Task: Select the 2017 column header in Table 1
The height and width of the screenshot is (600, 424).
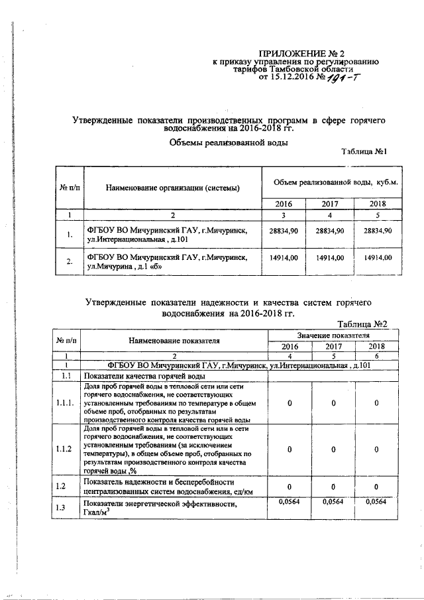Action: click(x=330, y=204)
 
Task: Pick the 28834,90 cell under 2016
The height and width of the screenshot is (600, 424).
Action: click(x=284, y=230)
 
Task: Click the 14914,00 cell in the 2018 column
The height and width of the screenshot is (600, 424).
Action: click(x=378, y=257)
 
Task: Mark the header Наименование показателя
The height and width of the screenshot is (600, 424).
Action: click(x=174, y=340)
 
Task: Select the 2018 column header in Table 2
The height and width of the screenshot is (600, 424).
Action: click(x=376, y=346)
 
